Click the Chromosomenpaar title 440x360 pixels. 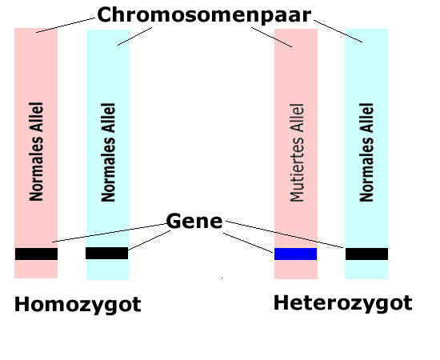pos(204,15)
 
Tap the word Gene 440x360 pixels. pos(194,221)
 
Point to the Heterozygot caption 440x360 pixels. pos(342,304)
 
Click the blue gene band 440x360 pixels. pos(295,254)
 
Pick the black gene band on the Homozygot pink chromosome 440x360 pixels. pos(36,254)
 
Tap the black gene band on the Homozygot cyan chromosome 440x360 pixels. pos(106,253)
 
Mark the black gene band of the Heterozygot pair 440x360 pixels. pos(366,254)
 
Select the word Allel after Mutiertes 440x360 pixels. pos(297,118)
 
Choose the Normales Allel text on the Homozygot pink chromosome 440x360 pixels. pos(36,151)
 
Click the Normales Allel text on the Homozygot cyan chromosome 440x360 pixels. pos(108,152)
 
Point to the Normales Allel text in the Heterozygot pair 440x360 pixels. pos(366,152)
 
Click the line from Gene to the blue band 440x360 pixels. pos(248,243)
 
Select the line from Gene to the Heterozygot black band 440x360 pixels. pos(285,234)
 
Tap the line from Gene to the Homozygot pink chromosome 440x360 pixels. pos(110,233)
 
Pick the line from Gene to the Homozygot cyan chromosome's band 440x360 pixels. pos(149,240)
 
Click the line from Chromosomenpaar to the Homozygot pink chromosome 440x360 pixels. pos(66,26)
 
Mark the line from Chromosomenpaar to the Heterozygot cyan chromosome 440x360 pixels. pos(338,31)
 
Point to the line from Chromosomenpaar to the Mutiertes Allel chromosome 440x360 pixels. pos(272,38)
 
